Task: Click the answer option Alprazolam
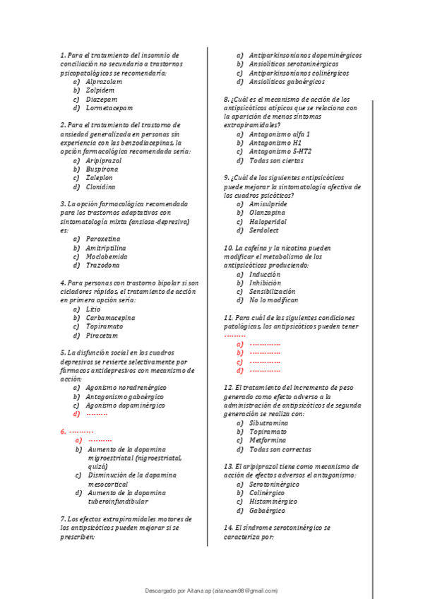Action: tap(104, 82)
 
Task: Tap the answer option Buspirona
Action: tap(103, 170)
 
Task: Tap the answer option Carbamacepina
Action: tap(111, 318)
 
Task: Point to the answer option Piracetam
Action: tap(102, 336)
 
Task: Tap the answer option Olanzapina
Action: tap(268, 212)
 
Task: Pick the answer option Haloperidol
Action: tap(268, 221)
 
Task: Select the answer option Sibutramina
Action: tap(270, 422)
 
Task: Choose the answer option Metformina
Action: tap(268, 439)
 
